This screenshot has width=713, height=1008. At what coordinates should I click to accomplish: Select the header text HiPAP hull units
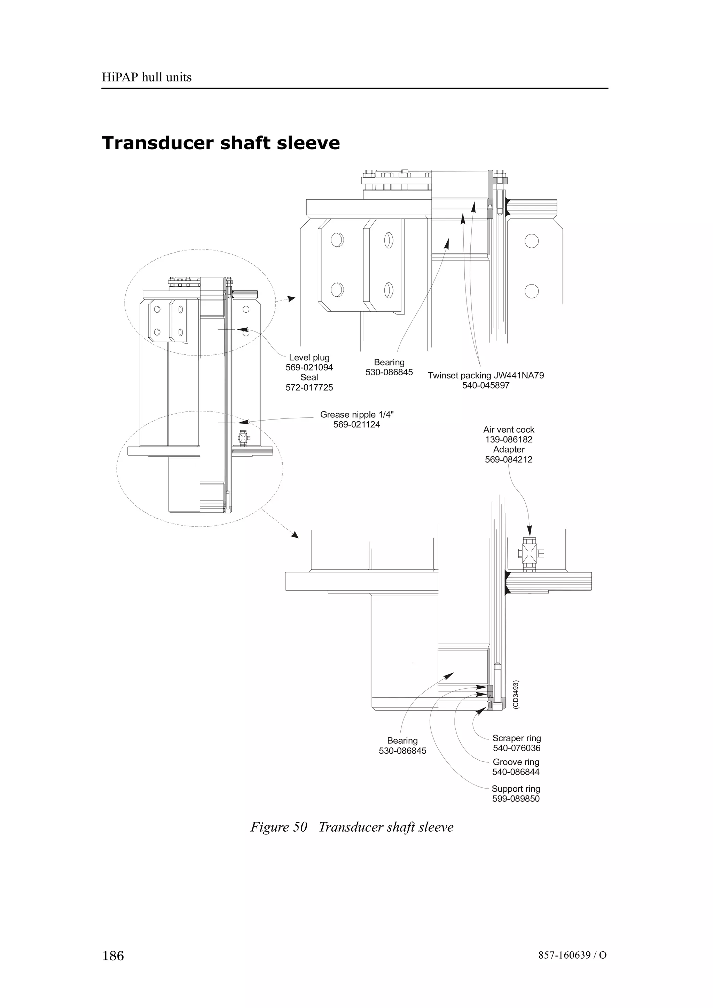point(147,77)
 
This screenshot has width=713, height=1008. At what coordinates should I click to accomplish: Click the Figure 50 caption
point(351,827)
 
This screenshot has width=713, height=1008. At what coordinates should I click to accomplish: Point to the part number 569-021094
point(309,367)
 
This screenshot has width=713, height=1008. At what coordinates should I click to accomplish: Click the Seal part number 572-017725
point(309,388)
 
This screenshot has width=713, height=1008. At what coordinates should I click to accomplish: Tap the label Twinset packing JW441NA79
point(485,375)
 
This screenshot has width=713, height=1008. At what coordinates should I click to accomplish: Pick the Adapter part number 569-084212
point(508,460)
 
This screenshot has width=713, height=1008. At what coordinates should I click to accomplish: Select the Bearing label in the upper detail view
point(389,362)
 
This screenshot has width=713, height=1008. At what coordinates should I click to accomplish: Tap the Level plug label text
point(309,357)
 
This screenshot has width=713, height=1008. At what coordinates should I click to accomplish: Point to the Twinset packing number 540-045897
point(485,385)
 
